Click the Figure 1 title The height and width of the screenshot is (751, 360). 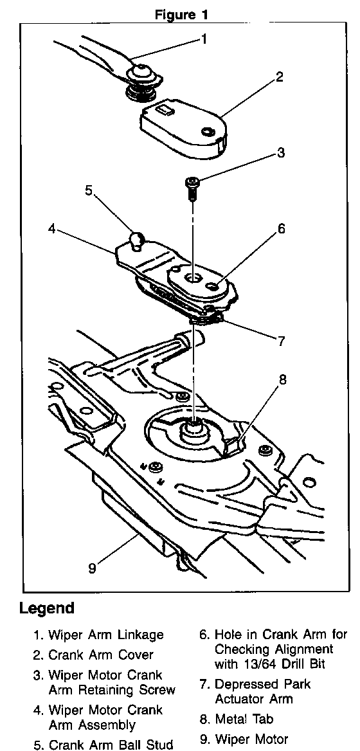tap(181, 14)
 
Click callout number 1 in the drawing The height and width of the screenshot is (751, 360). tap(204, 39)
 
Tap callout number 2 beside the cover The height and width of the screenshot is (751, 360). tap(279, 77)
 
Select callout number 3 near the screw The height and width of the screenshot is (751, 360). tap(280, 153)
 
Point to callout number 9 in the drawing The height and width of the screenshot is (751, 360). tap(93, 568)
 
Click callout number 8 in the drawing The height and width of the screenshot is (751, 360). tap(282, 380)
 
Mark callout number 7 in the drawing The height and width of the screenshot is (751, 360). tap(281, 341)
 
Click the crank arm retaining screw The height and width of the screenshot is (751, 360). tap(192, 188)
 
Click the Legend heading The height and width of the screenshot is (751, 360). tap(47, 609)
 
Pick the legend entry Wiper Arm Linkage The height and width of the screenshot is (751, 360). tap(99, 635)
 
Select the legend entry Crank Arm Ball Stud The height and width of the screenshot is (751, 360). tap(103, 744)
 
